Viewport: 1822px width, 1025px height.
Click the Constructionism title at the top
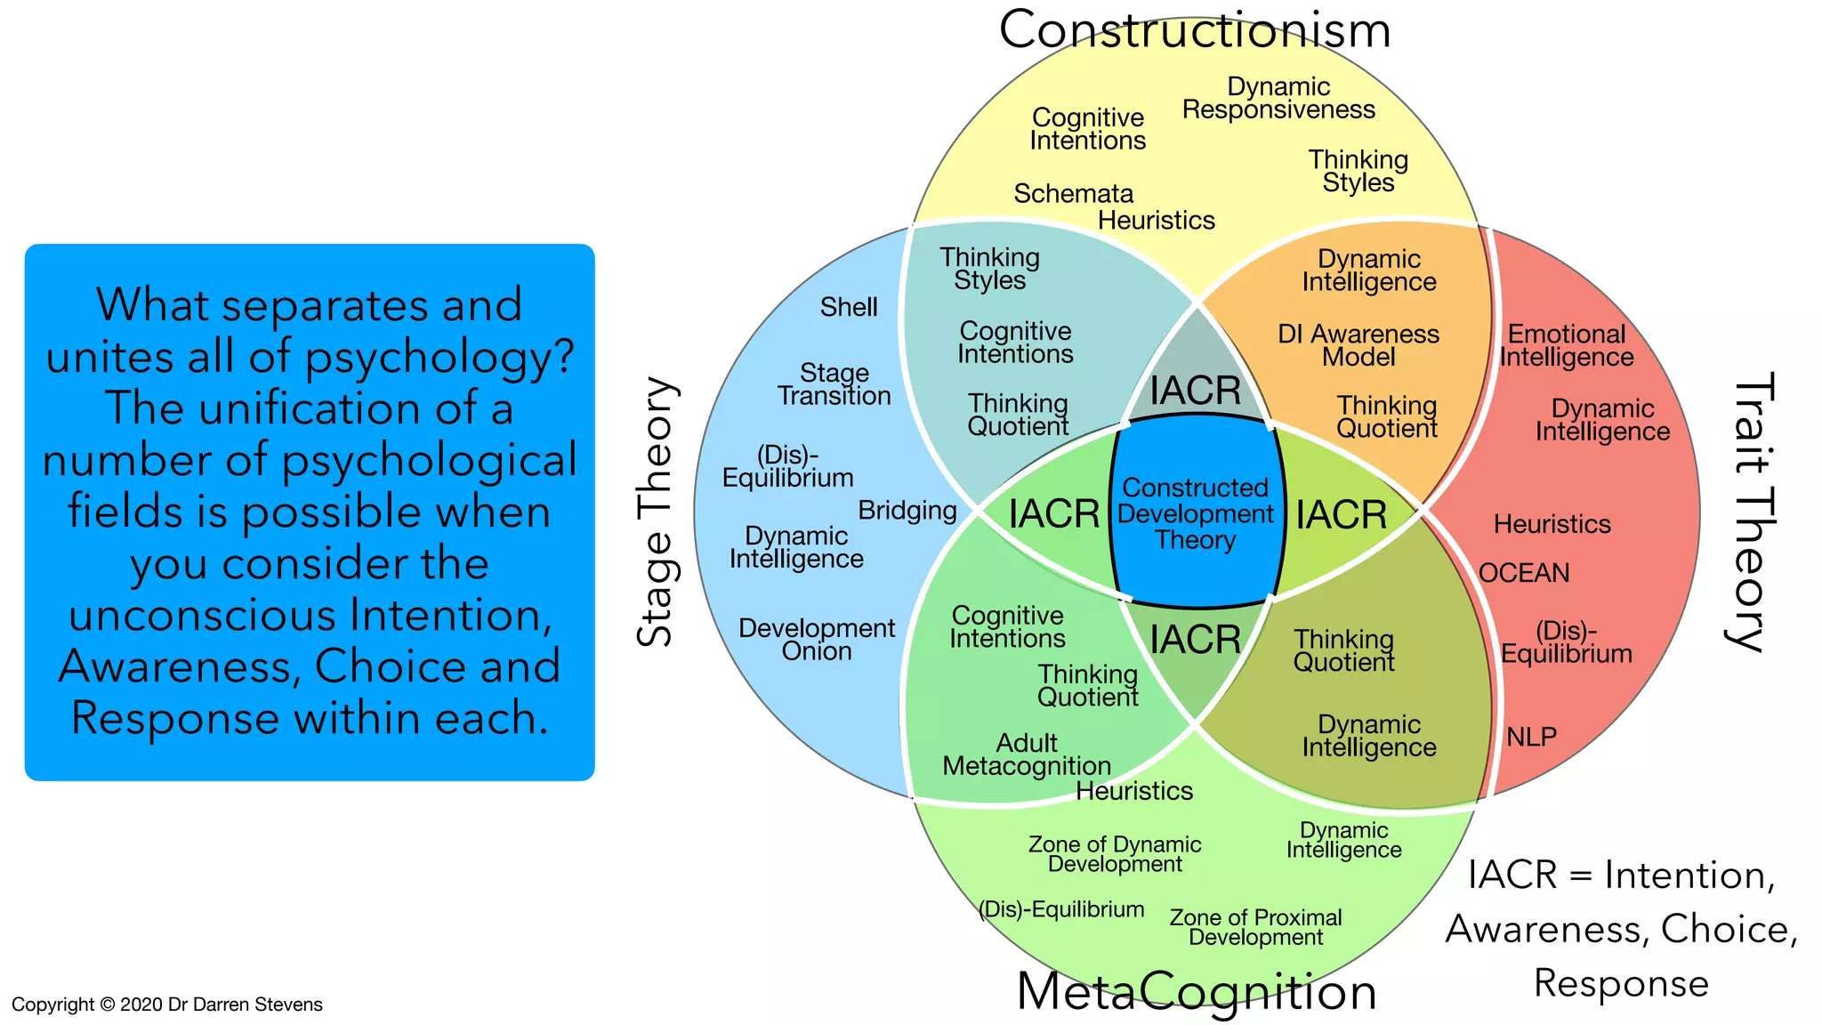click(x=1194, y=30)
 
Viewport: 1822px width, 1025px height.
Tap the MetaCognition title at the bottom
click(x=1197, y=991)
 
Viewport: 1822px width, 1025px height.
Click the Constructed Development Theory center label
click(x=1196, y=513)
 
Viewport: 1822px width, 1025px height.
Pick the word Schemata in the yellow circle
click(x=1073, y=194)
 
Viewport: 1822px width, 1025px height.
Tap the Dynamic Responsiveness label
click(x=1278, y=99)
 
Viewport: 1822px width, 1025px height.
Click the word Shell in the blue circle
click(x=849, y=308)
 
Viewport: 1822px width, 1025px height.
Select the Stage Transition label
click(x=834, y=384)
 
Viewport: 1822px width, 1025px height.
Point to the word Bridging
click(x=907, y=511)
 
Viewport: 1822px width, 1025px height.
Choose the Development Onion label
click(x=817, y=640)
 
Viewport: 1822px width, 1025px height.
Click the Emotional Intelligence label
click(x=1567, y=345)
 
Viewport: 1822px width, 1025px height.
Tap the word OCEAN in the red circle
click(x=1524, y=573)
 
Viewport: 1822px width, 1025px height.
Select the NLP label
click(x=1531, y=737)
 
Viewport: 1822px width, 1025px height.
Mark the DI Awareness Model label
click(x=1358, y=345)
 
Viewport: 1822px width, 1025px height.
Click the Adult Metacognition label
click(x=1027, y=755)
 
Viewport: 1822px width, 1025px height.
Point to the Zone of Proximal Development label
click(x=1255, y=927)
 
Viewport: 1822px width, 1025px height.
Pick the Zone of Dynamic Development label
click(x=1115, y=854)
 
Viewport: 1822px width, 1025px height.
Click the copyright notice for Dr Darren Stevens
click(x=167, y=1005)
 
